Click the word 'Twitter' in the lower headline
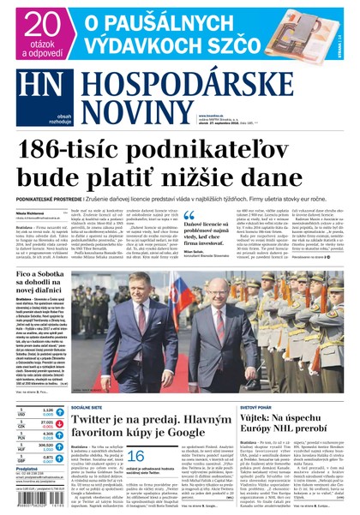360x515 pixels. pyautogui.click(x=100, y=422)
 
